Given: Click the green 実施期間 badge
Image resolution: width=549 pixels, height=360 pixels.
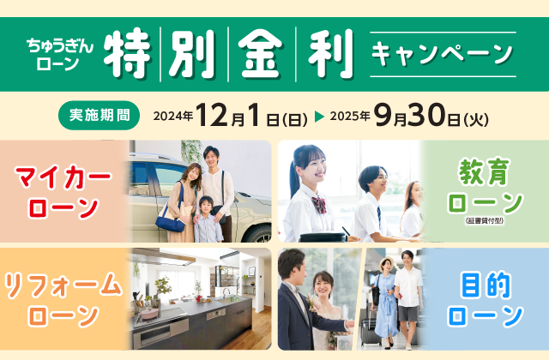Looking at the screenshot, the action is click(100, 116).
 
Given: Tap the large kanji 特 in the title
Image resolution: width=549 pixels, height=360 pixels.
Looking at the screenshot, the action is click(128, 53).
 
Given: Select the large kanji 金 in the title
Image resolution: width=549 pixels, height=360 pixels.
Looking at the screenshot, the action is click(262, 53).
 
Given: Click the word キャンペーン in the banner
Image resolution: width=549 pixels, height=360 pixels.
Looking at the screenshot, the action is click(443, 54).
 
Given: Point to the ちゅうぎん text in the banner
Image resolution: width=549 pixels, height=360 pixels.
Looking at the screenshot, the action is click(60, 45).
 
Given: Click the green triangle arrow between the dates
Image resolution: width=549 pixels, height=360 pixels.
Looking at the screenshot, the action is click(319, 117).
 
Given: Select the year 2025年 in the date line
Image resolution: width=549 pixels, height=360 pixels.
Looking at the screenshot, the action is click(350, 116).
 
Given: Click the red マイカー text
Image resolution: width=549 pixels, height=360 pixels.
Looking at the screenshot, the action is click(63, 178).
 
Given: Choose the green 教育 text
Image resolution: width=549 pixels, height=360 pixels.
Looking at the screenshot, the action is click(484, 171).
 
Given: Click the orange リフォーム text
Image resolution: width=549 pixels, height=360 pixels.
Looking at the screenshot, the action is click(63, 285).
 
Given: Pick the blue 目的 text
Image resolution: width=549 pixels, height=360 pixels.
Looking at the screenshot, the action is click(486, 285).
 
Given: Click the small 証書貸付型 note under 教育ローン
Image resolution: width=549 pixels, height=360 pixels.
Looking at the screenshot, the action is click(485, 221).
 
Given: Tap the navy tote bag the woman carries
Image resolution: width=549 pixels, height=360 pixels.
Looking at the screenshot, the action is click(171, 220).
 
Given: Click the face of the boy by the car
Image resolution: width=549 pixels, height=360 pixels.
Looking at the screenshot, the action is click(207, 205).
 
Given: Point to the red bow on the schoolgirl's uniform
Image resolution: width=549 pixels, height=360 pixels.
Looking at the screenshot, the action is click(319, 205).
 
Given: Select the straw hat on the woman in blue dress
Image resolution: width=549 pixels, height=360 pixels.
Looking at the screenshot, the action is click(387, 263).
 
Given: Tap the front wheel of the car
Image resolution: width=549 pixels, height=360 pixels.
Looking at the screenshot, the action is click(260, 233).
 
